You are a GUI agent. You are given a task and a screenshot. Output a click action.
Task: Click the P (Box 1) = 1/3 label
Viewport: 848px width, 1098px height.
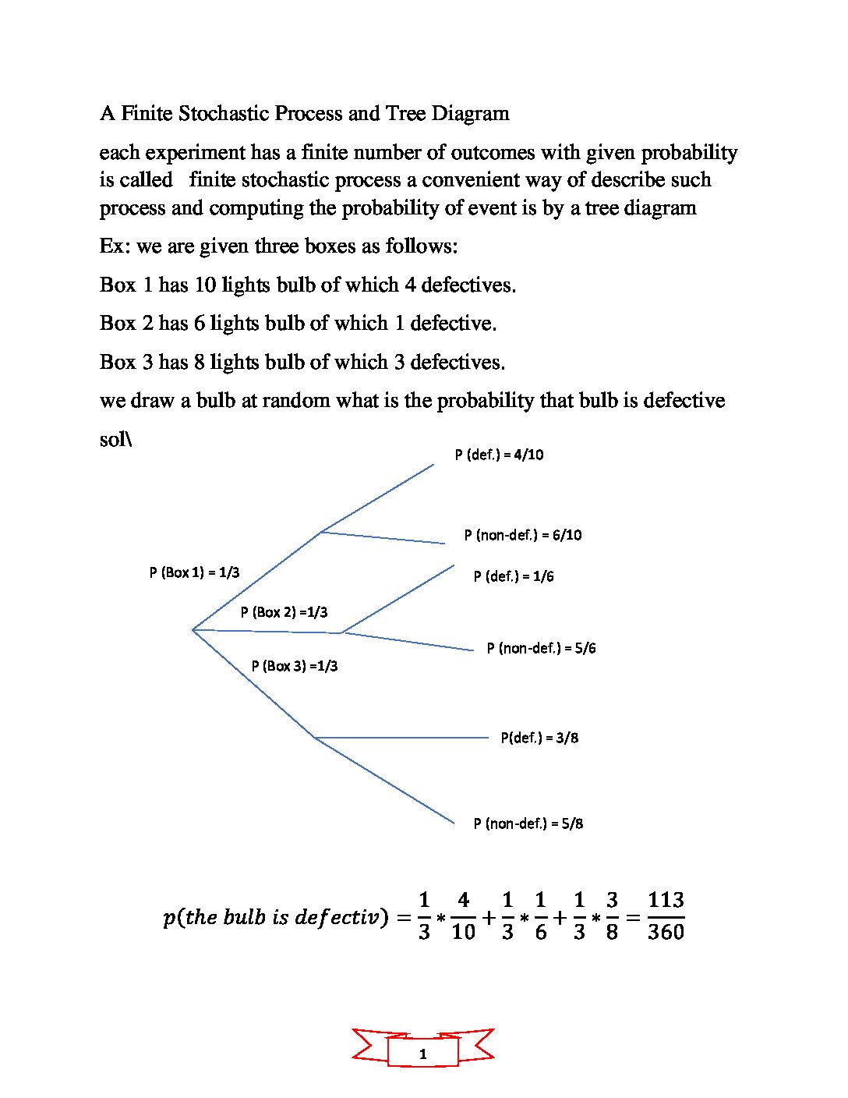pyautogui.click(x=194, y=572)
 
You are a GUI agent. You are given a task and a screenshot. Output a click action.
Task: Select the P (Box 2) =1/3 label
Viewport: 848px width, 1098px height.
pyautogui.click(x=284, y=612)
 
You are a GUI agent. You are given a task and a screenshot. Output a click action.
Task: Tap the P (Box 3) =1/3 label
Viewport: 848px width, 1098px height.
pyautogui.click(x=294, y=666)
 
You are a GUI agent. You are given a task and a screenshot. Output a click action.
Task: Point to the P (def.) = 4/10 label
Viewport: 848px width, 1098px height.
pyautogui.click(x=499, y=455)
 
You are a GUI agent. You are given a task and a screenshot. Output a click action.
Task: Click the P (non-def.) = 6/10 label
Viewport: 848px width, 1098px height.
pyautogui.click(x=522, y=535)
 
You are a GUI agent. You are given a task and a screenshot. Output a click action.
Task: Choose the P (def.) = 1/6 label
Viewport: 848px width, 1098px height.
pyautogui.click(x=513, y=576)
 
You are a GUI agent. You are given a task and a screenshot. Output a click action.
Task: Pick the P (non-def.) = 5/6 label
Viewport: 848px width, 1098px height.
pyautogui.click(x=541, y=648)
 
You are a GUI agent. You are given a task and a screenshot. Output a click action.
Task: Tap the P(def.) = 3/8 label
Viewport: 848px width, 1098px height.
pyautogui.click(x=539, y=738)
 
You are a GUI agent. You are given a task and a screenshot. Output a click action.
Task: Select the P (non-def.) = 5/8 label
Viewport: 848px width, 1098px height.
pyautogui.click(x=528, y=823)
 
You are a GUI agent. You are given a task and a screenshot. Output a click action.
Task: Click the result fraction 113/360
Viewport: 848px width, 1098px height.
pyautogui.click(x=666, y=916)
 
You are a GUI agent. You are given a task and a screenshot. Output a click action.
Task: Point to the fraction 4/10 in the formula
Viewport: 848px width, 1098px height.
pyautogui.click(x=463, y=916)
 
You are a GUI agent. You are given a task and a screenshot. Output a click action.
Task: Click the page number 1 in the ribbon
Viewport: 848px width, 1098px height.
pyautogui.click(x=423, y=1054)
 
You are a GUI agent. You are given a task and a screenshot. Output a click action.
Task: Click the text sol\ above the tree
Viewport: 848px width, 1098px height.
pyautogui.click(x=115, y=440)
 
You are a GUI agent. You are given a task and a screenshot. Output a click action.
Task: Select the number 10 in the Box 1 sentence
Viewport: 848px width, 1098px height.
pyautogui.click(x=205, y=285)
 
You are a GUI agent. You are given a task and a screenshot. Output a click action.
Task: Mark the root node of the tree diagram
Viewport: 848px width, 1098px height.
pyautogui.click(x=193, y=629)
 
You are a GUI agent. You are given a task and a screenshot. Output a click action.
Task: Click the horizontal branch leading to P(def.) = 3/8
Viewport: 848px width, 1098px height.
pyautogui.click(x=401, y=738)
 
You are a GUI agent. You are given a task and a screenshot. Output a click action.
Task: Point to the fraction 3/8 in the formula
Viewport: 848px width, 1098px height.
pyautogui.click(x=612, y=916)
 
